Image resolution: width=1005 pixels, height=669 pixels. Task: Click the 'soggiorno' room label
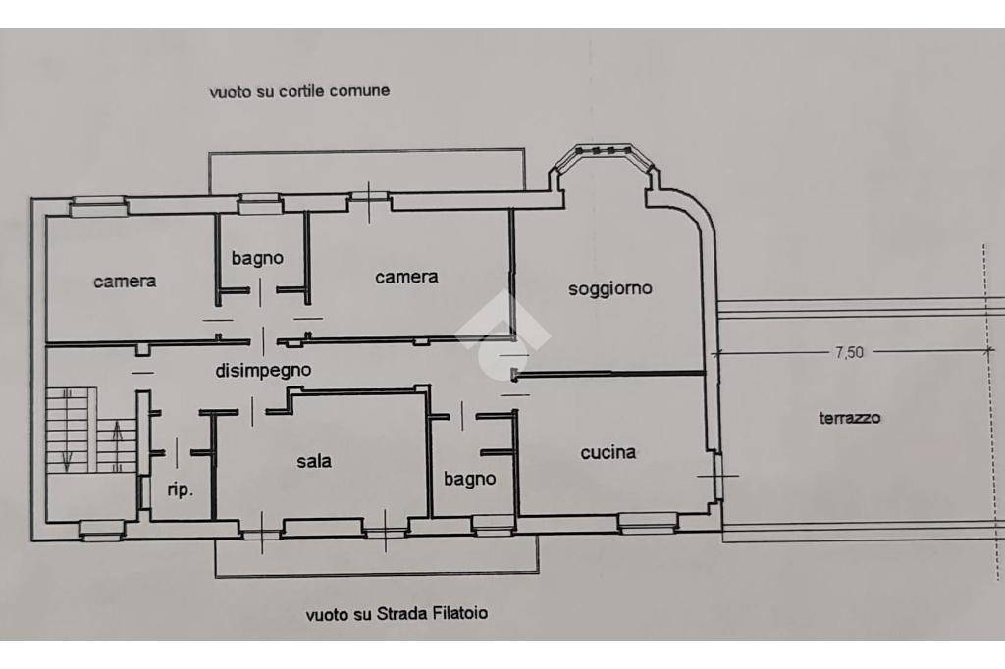tap(610, 289)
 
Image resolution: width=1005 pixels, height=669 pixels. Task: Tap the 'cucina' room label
tap(608, 452)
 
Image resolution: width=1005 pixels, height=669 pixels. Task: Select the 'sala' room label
tap(314, 461)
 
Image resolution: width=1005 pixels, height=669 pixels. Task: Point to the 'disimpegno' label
tap(263, 371)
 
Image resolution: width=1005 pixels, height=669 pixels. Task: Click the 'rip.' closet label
tap(181, 490)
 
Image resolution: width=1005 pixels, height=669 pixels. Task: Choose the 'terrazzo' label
tap(850, 419)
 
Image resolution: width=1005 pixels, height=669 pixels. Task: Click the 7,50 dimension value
tap(849, 352)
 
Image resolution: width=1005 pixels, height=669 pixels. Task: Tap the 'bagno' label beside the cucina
tap(470, 480)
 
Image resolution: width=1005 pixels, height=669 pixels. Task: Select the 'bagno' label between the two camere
tap(257, 258)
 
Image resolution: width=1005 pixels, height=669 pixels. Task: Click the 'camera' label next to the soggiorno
tap(406, 277)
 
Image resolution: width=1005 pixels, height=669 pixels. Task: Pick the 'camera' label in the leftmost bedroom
tap(125, 282)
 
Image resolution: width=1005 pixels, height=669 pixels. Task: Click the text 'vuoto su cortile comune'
tap(299, 91)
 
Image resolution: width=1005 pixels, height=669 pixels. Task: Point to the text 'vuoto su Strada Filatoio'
tap(397, 614)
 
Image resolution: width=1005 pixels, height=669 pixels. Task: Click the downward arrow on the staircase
tap(67, 446)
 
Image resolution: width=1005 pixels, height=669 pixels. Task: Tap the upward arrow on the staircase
tap(117, 444)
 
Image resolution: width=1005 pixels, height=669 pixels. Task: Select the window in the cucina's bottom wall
tap(648, 522)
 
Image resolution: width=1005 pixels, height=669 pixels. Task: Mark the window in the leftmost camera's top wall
tap(98, 206)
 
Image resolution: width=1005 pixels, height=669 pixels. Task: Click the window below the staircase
tap(102, 530)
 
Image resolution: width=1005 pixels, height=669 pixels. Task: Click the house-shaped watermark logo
tap(503, 334)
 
